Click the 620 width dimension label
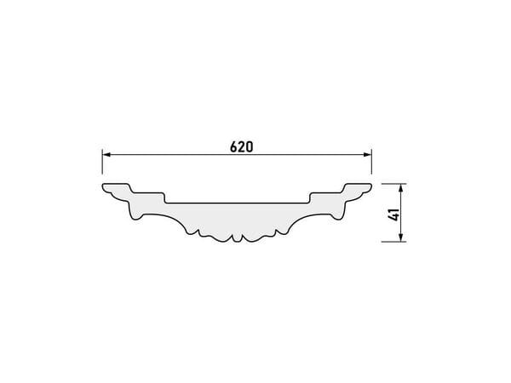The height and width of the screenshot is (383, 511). tap(242, 147)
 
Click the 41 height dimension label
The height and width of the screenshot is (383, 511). tap(394, 214)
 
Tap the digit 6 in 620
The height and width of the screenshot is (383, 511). tap(233, 147)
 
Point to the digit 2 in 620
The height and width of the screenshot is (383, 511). tap(242, 147)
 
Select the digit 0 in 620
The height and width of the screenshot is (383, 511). tap(250, 147)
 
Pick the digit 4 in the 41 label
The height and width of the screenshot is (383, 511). tap(394, 218)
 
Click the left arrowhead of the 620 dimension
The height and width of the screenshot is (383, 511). tap(106, 154)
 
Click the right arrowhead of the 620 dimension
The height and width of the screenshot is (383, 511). tap(367, 154)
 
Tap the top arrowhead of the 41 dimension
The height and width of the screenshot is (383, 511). tap(401, 188)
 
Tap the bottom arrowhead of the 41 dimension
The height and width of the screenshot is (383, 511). tap(401, 237)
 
